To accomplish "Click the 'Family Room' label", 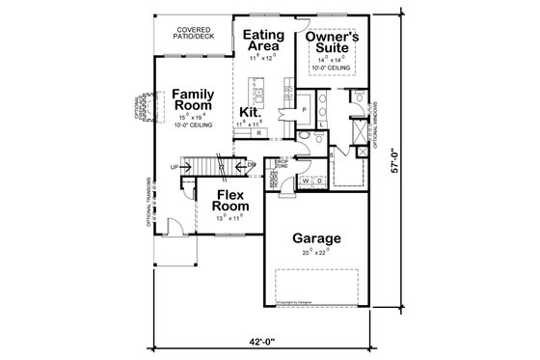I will point(192,100).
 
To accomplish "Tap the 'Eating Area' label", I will point(261,41).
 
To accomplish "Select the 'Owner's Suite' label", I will point(332,43).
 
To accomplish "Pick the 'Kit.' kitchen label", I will point(252,112).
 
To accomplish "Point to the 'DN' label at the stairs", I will point(251,165).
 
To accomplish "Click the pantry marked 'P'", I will point(304,110).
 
